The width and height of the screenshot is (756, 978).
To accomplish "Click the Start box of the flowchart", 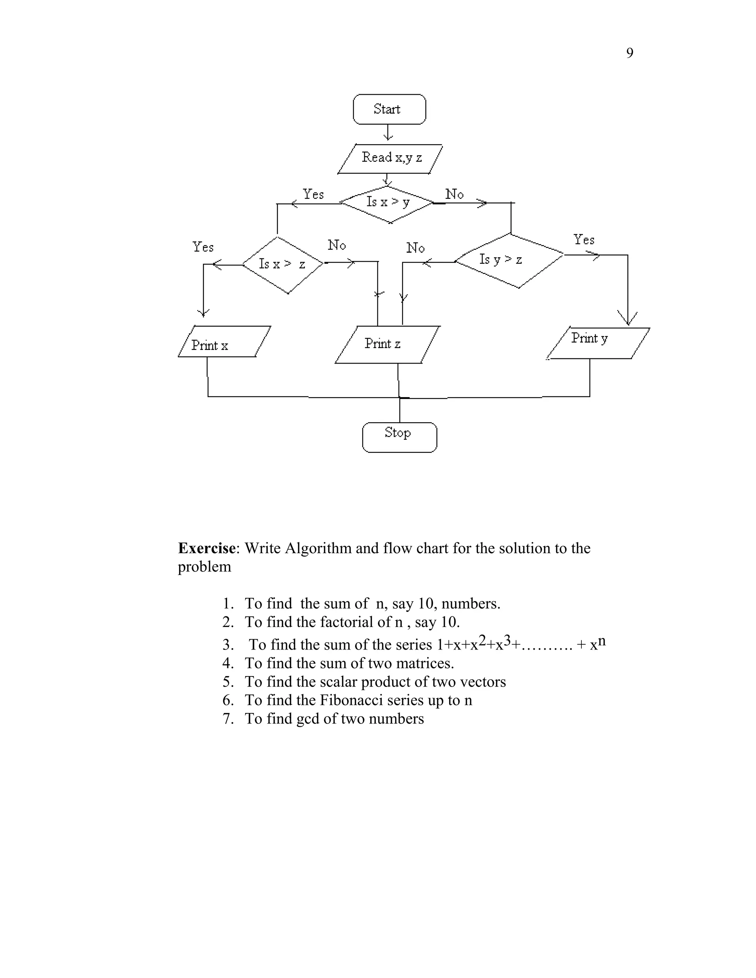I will (389, 109).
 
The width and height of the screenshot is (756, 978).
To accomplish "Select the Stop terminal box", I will (399, 437).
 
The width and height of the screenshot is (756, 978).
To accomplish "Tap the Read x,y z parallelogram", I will (390, 159).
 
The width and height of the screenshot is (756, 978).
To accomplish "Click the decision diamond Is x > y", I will (387, 204).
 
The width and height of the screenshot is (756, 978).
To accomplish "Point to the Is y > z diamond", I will (509, 260).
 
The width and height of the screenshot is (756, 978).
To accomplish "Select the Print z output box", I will (387, 344).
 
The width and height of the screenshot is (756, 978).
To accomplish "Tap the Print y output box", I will (598, 343).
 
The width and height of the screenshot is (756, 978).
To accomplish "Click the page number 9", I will (629, 53).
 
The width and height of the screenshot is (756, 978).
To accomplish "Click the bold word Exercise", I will (206, 548).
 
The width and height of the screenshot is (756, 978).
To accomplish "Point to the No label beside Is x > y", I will (454, 194).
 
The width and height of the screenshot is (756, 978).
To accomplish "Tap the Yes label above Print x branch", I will (203, 247).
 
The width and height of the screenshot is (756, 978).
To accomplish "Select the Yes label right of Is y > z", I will (584, 240).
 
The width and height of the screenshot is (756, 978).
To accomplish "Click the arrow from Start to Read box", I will (388, 133).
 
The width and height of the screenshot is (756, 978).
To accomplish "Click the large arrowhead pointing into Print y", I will (628, 318).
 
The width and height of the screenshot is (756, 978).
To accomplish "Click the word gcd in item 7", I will (307, 718).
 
